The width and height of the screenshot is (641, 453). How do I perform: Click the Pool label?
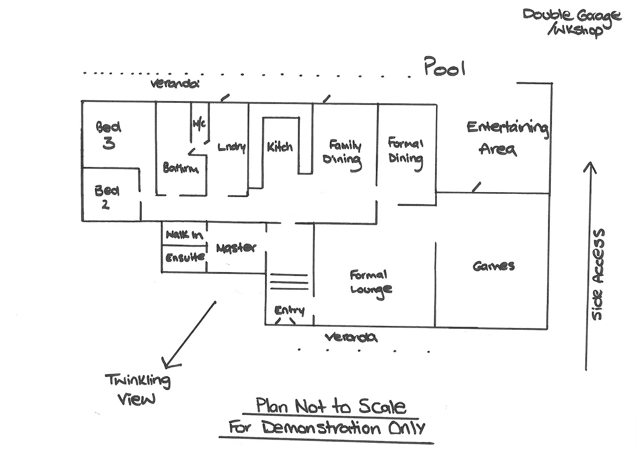(x=445, y=67)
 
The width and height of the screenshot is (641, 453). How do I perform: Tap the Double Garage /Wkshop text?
(x=571, y=22)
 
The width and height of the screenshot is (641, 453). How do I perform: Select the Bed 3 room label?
(x=108, y=135)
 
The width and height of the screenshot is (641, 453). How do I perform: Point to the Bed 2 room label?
(x=107, y=197)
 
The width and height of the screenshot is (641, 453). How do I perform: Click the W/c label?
(x=199, y=124)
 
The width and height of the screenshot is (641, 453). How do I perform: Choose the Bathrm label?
(x=180, y=169)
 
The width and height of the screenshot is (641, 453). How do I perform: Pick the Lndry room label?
(x=232, y=147)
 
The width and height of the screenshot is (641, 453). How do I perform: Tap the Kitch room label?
(x=279, y=147)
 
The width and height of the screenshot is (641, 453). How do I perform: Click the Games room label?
(x=493, y=266)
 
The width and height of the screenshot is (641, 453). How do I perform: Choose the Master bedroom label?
(x=236, y=248)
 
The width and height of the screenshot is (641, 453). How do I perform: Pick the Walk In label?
(x=184, y=235)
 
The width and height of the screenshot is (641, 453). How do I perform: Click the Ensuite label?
(x=185, y=257)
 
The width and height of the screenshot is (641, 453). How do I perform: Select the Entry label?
(x=289, y=310)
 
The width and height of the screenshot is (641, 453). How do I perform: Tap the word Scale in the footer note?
(x=382, y=406)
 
